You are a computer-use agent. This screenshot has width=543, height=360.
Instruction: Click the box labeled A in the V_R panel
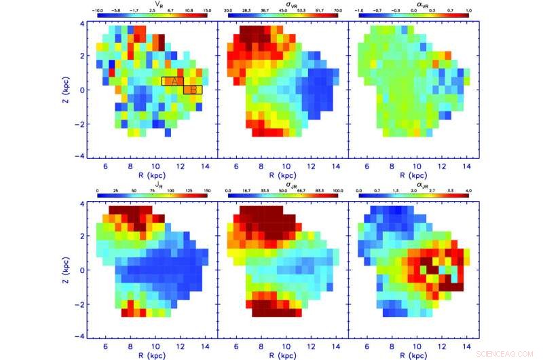point(172,81)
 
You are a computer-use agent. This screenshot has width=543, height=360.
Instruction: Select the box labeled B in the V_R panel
point(193,90)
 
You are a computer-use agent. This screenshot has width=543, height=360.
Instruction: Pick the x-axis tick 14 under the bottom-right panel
point(465,345)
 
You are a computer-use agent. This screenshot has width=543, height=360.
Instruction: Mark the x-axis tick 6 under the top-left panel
point(106,165)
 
